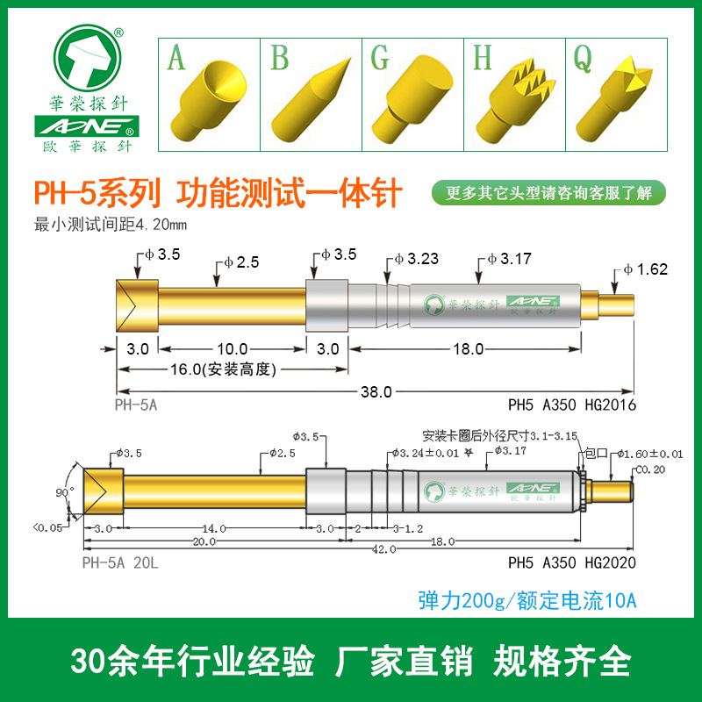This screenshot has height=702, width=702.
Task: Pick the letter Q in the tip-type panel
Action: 582,59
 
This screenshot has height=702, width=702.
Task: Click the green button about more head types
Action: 549,193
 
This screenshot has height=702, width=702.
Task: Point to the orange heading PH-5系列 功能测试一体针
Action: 217,192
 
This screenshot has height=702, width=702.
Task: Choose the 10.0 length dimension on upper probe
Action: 233,348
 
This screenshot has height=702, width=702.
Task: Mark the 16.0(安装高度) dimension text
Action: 211,369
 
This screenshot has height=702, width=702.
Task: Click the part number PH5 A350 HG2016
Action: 571,405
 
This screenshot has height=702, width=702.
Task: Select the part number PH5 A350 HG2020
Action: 571,562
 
